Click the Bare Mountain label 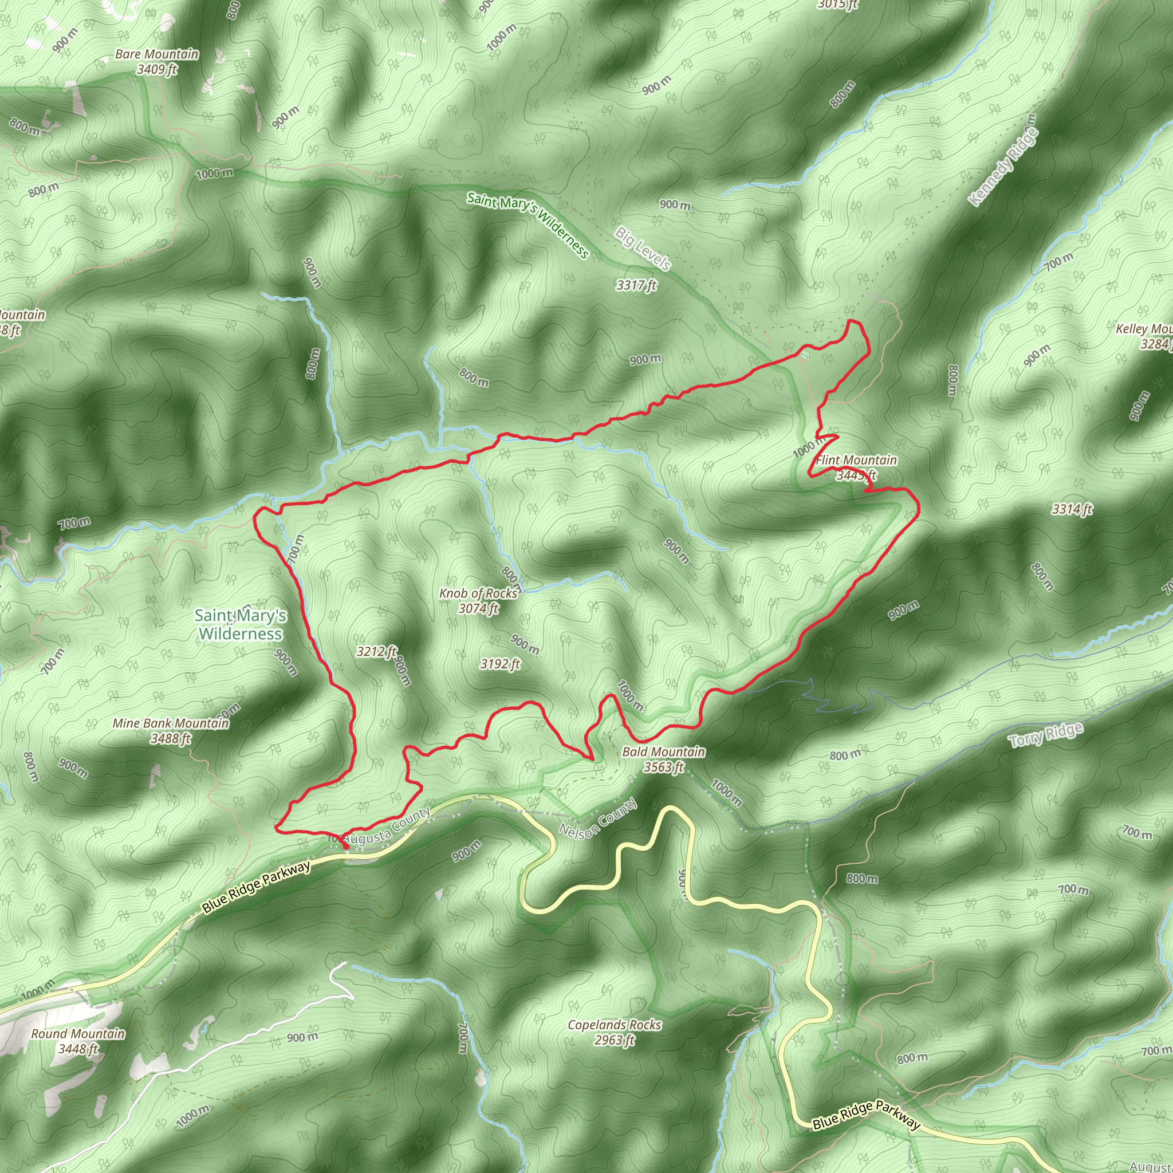coord(156,54)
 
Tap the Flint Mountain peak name coord(856,460)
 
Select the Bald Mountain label coord(664,751)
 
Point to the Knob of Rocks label coord(479,593)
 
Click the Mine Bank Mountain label coord(171,723)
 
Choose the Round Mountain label coord(78,1033)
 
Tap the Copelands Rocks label coord(615,1024)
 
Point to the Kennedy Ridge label coord(1003,160)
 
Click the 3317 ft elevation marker coord(636,285)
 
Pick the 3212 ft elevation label coord(376,651)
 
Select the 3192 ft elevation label coord(500,664)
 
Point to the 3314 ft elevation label coord(1072,509)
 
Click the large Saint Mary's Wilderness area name coord(241,624)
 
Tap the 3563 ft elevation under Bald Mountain coord(664,767)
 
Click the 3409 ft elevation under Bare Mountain coord(156,69)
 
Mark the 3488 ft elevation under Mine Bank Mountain coord(171,738)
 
